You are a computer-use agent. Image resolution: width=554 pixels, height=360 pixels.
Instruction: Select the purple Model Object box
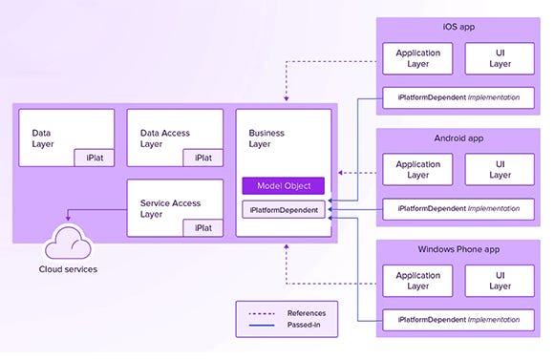point(283,185)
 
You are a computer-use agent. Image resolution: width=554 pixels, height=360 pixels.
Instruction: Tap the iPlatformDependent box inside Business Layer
point(283,208)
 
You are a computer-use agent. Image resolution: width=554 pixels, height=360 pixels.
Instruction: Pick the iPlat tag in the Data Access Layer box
point(203,158)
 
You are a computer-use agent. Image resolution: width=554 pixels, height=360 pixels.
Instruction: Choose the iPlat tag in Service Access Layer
point(203,228)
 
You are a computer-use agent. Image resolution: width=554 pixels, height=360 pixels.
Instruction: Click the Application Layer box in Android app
point(418,169)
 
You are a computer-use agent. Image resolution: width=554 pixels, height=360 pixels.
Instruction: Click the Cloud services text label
point(68,269)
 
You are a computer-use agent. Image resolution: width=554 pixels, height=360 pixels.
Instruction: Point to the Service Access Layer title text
point(170,208)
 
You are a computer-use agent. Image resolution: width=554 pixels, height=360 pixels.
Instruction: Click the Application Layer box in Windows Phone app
point(418,281)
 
